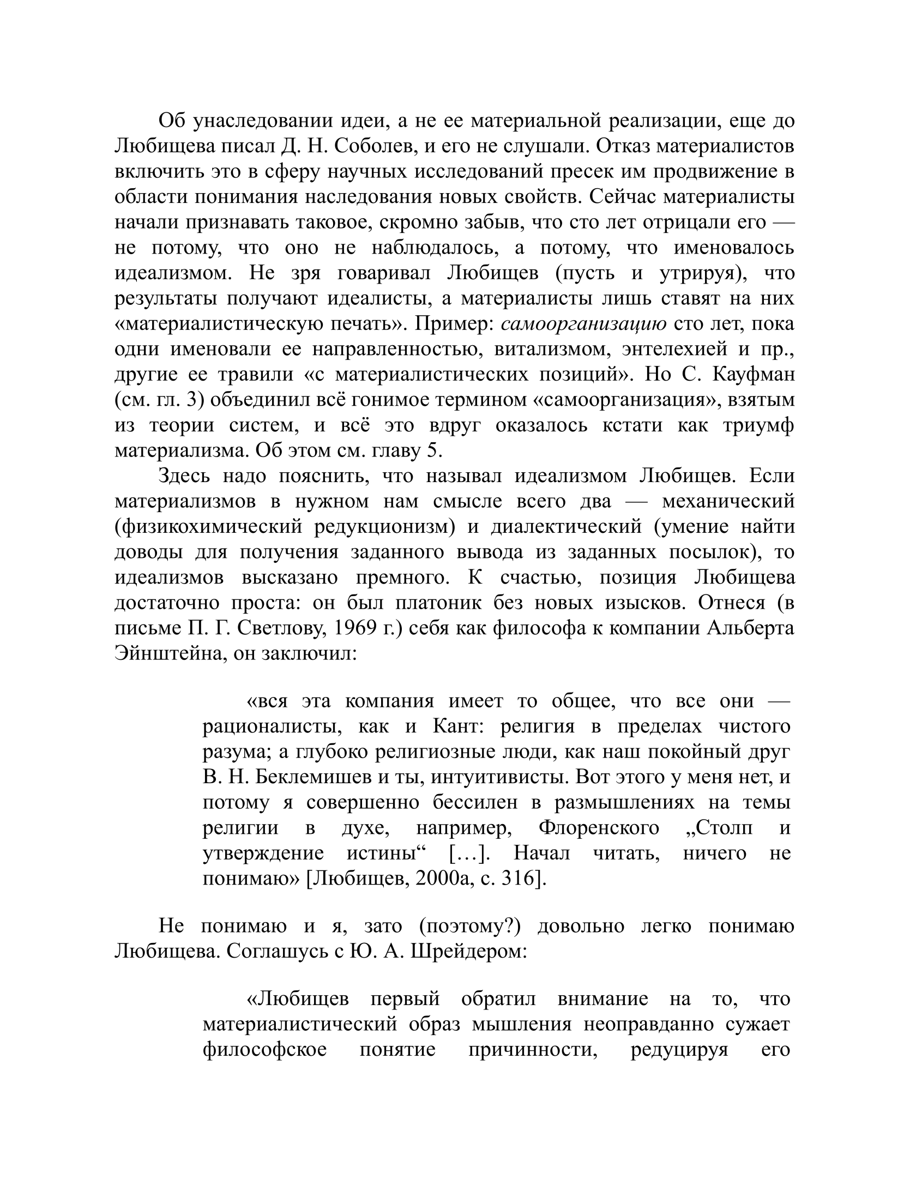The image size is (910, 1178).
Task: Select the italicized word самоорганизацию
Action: pos(583,324)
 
